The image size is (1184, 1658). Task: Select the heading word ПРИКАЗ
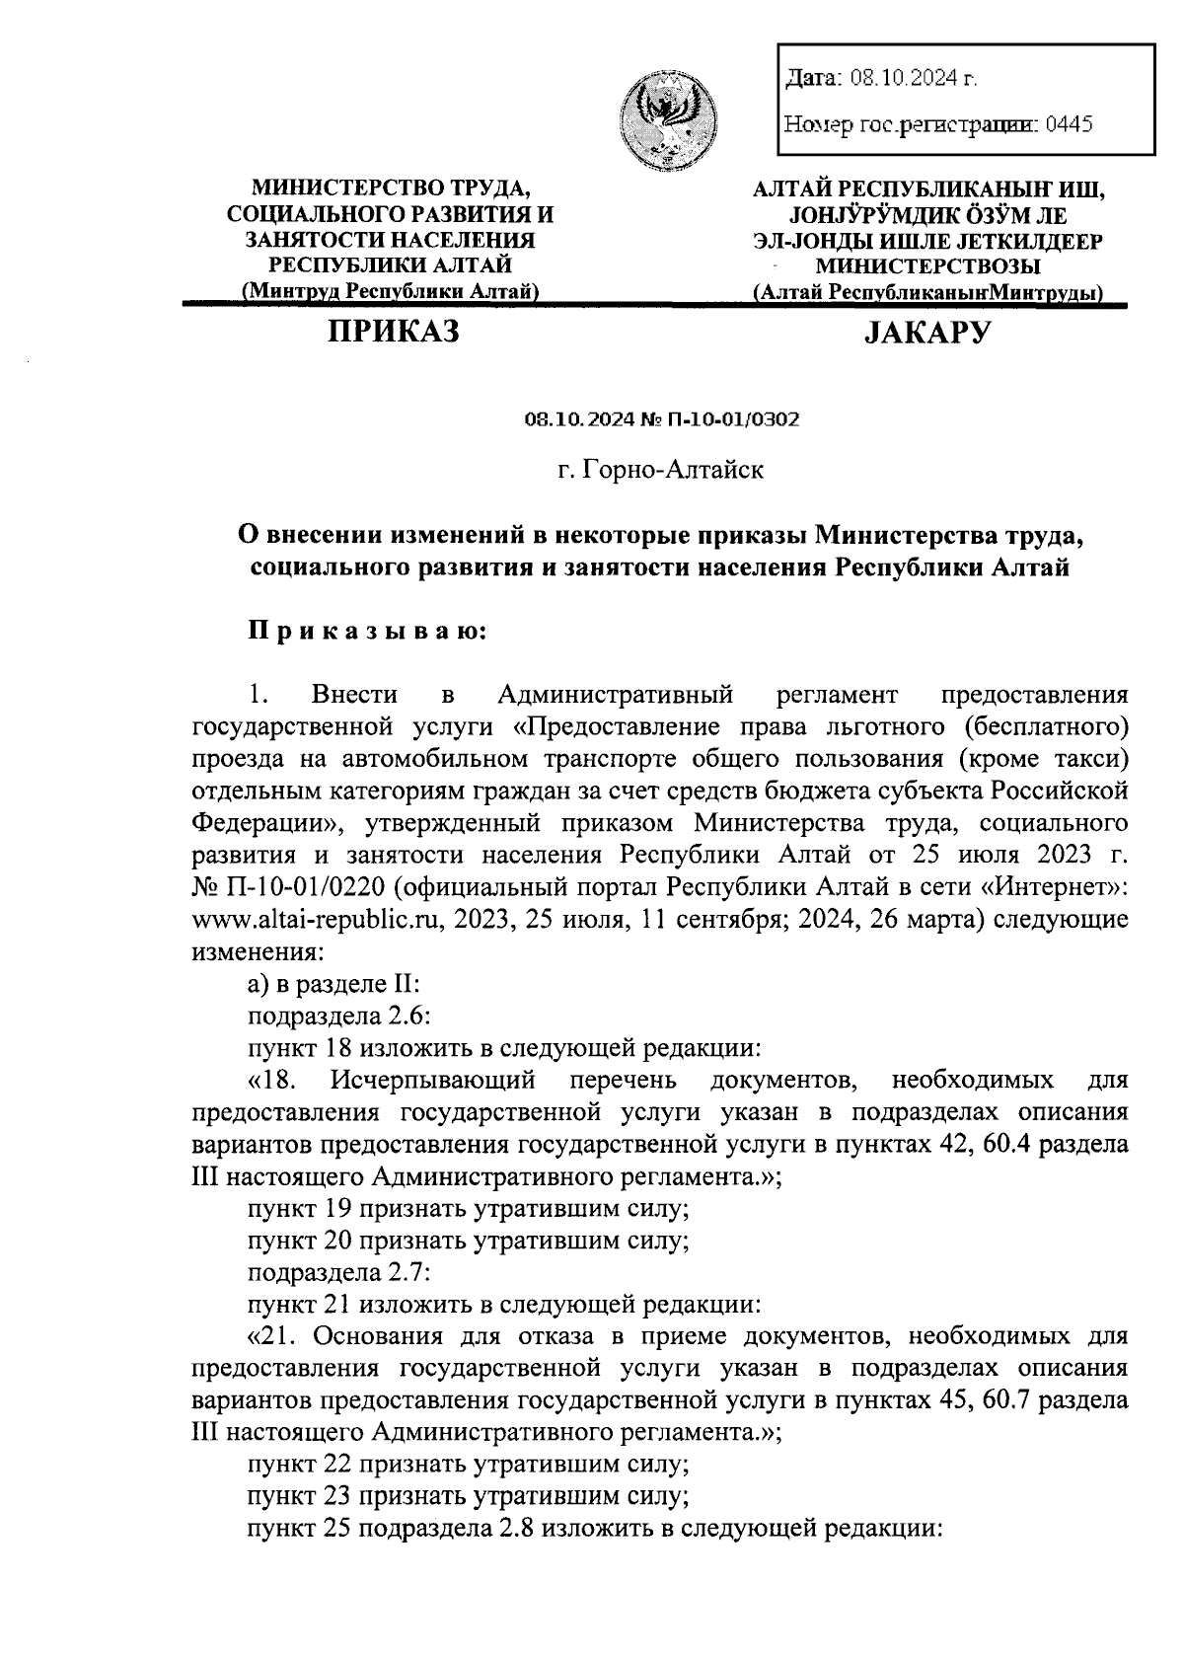point(394,333)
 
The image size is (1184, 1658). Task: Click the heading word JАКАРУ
point(926,334)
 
